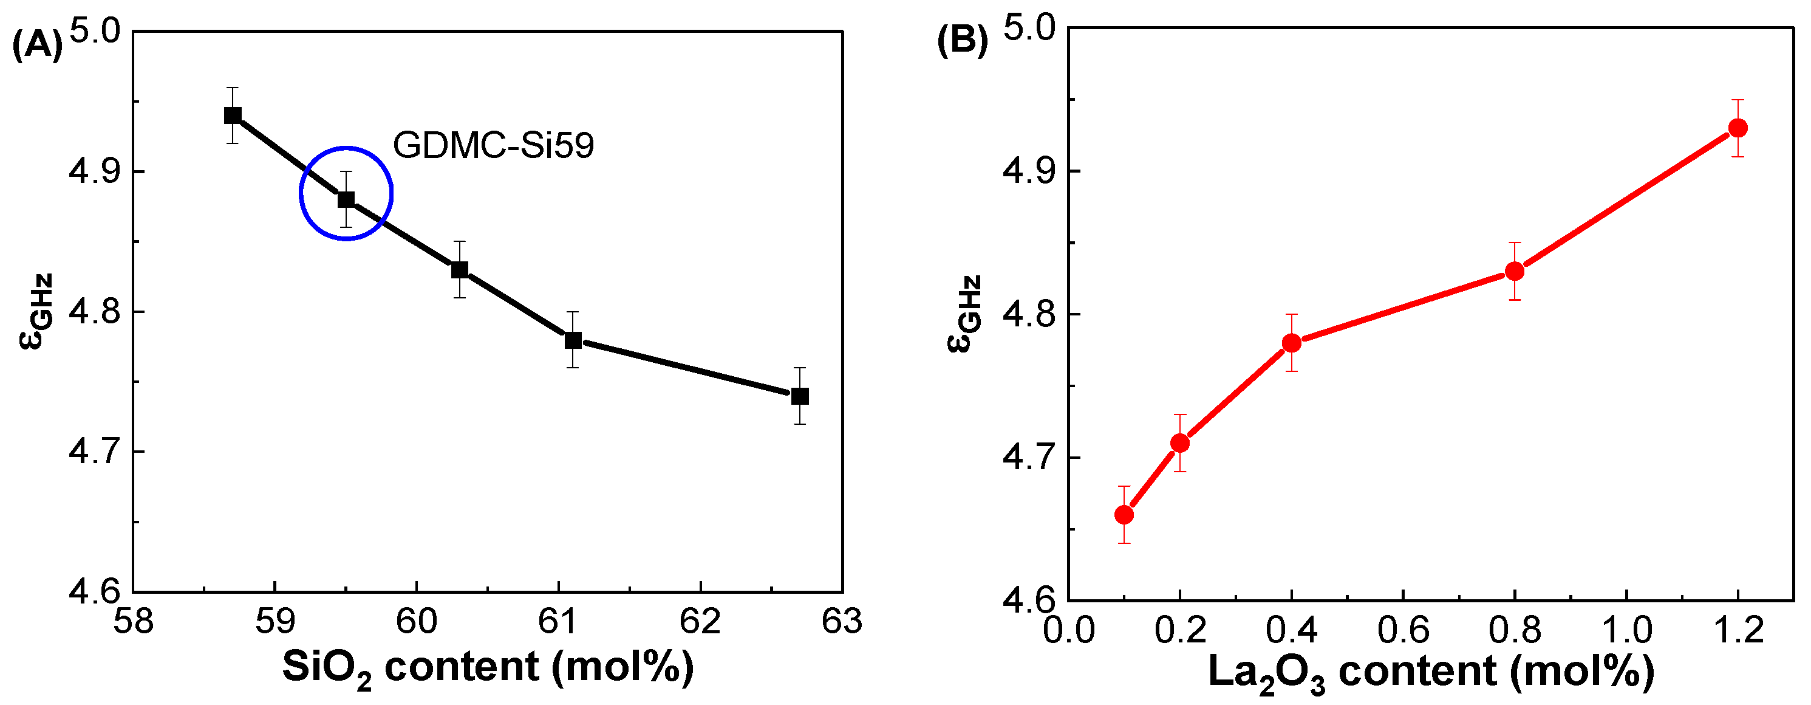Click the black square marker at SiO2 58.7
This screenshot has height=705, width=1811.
click(233, 115)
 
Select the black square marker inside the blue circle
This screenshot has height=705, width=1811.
click(346, 200)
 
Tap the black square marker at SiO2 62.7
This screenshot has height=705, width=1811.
click(799, 396)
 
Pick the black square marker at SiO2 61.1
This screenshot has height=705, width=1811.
click(573, 340)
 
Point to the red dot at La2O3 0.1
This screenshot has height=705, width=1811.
click(1124, 515)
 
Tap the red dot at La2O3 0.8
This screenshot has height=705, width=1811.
click(1515, 272)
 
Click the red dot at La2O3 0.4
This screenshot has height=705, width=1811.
click(1292, 343)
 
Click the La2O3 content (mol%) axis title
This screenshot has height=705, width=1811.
click(1431, 672)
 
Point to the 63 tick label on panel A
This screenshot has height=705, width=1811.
click(842, 622)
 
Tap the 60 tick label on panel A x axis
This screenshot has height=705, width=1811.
click(417, 622)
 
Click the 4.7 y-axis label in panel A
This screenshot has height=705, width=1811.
click(95, 451)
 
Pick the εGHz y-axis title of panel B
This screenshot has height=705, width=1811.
click(963, 314)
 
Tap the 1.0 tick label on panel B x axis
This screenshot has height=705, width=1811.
click(1626, 630)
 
